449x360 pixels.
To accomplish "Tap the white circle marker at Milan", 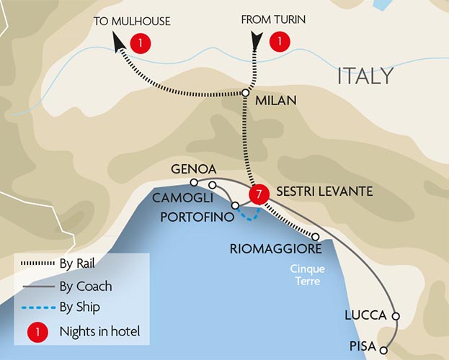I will pyautogui.click(x=245, y=93).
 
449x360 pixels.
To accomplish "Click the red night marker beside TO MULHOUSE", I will pyautogui.click(x=141, y=43).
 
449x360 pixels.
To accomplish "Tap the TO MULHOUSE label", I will pyautogui.click(x=131, y=21).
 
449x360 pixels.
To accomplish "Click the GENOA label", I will pyautogui.click(x=190, y=170).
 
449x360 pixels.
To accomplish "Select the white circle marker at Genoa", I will pyautogui.click(x=194, y=182).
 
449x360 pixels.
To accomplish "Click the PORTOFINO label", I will pyautogui.click(x=195, y=216).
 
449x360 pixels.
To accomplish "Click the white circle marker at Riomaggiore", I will pyautogui.click(x=316, y=236).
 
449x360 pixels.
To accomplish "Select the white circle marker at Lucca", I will pyautogui.click(x=395, y=316).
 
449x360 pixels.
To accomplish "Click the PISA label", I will pyautogui.click(x=363, y=346).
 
